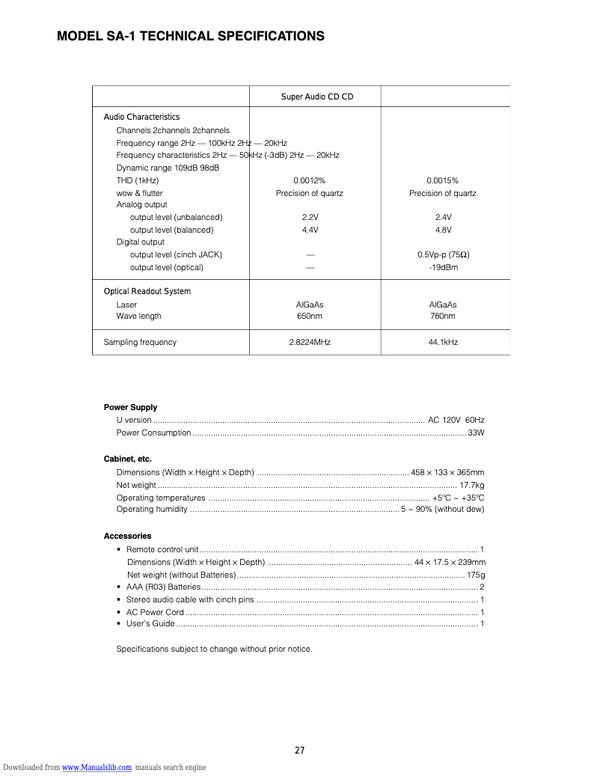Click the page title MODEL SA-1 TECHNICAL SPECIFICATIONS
(191, 36)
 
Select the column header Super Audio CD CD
(316, 97)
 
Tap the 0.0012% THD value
(309, 180)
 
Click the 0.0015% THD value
(442, 180)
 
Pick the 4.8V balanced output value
(442, 230)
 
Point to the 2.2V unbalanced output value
(309, 217)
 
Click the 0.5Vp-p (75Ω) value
(443, 254)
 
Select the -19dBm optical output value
(443, 267)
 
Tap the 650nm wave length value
(309, 316)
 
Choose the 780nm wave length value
(442, 316)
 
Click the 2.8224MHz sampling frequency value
(309, 342)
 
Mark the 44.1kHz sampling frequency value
(442, 342)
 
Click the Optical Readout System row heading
(147, 291)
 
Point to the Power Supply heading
(130, 407)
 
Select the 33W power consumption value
(476, 433)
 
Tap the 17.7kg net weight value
(471, 485)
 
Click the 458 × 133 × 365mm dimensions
(447, 472)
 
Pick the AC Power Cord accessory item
(155, 612)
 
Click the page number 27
(299, 751)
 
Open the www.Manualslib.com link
(97, 768)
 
